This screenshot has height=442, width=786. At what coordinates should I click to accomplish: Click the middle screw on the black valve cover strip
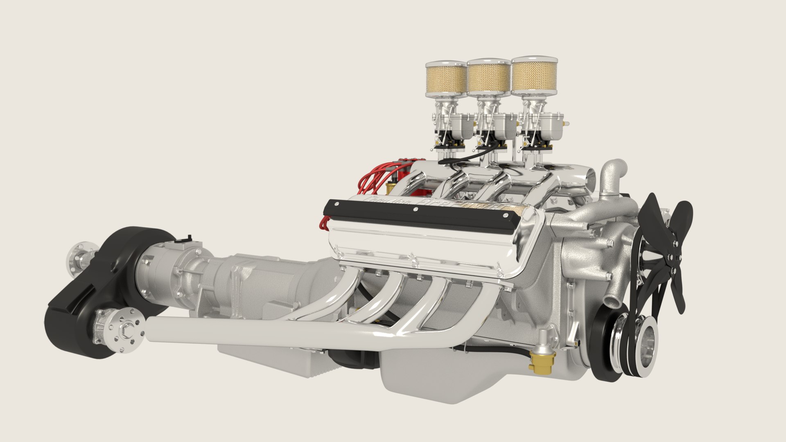pos(416,209)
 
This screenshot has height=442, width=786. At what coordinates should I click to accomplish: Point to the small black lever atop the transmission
pos(189,239)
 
